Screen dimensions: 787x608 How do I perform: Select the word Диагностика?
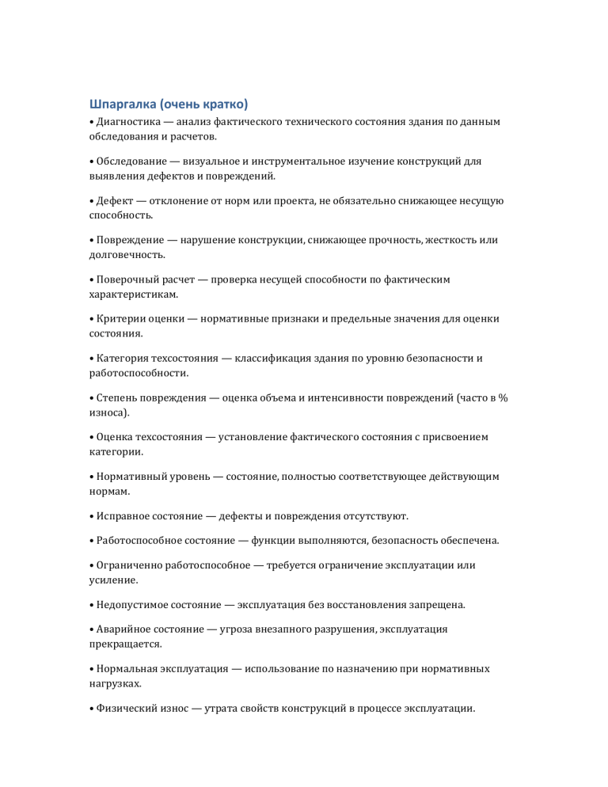pos(128,122)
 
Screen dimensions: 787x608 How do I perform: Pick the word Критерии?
pos(121,319)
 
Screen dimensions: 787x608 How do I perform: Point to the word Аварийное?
pos(125,630)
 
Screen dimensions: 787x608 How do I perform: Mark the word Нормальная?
pos(128,669)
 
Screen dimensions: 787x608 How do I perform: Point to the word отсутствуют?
pos(374,516)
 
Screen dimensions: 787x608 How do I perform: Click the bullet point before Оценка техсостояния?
pos(91,437)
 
